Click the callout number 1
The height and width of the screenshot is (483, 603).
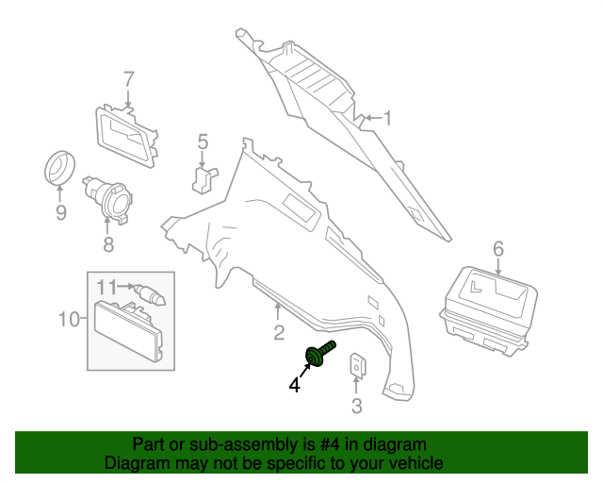point(385,118)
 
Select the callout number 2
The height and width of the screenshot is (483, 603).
point(278,331)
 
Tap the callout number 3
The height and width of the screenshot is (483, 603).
point(356,407)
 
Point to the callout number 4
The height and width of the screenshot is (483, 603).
point(295,385)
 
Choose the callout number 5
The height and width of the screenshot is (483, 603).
point(203,142)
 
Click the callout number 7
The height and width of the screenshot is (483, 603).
point(128,78)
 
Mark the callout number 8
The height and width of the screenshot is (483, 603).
point(107,244)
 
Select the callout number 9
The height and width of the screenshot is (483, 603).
point(60,213)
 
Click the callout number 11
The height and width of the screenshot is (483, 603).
point(107,286)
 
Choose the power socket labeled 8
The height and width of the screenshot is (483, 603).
point(109,199)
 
